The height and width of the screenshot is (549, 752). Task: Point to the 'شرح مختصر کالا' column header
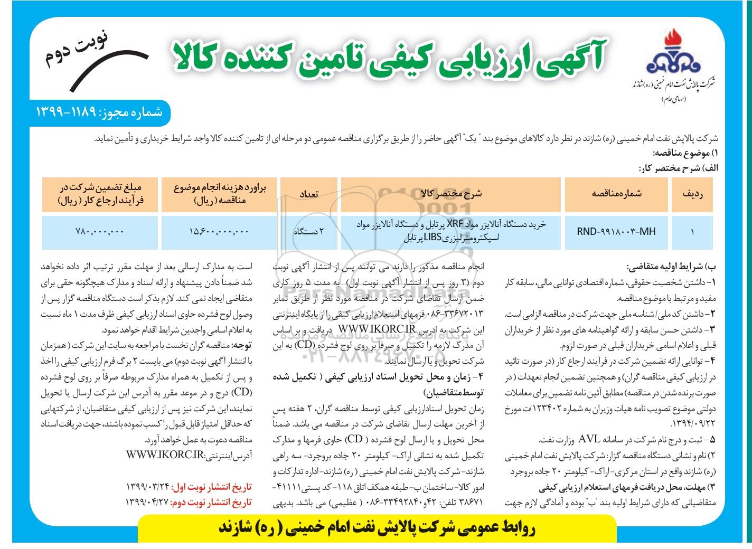coord(450,194)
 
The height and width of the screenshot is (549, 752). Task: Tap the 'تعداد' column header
coord(309,194)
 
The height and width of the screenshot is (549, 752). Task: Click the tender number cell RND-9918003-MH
coord(616,231)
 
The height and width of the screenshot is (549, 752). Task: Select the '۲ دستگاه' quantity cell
coord(309,231)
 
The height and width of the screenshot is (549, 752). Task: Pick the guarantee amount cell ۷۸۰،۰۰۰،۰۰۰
coord(100,231)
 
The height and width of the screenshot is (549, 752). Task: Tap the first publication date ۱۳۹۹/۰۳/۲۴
coord(151,485)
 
